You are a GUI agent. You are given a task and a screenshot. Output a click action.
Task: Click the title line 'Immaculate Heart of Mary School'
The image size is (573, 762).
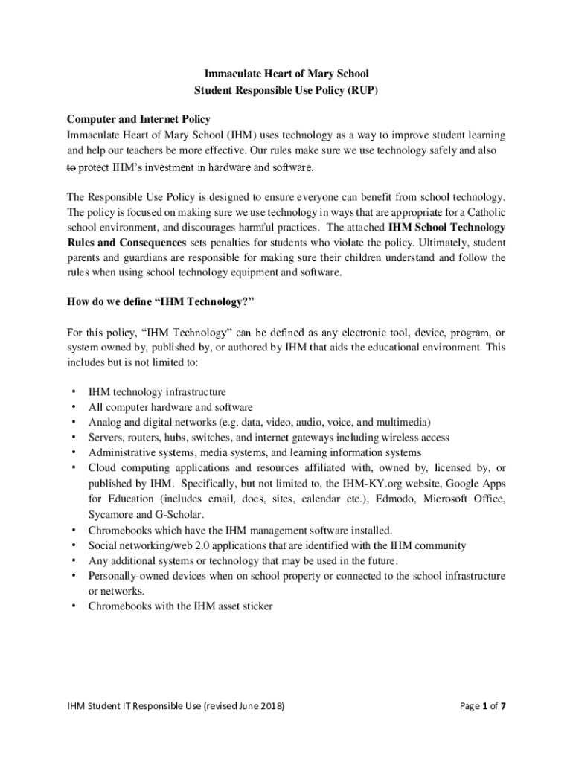point(286,74)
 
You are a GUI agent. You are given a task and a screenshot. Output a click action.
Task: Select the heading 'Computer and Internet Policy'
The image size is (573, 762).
point(138,119)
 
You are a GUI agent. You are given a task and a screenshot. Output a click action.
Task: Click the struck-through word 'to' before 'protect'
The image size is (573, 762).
point(71,167)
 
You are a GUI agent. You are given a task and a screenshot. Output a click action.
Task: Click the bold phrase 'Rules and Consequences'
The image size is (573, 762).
point(127,243)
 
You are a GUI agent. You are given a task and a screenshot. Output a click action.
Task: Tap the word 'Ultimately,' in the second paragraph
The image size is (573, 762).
point(449,243)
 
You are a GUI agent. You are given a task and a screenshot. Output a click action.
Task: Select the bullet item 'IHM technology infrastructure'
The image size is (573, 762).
point(157,391)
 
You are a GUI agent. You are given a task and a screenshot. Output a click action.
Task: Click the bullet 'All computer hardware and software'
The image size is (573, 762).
point(170,407)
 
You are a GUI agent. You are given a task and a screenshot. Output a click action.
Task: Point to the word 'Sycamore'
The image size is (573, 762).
point(112,514)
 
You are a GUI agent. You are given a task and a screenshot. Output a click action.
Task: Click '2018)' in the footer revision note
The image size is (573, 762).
point(269,705)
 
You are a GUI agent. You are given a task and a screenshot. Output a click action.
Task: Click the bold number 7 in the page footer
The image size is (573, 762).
point(503,705)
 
